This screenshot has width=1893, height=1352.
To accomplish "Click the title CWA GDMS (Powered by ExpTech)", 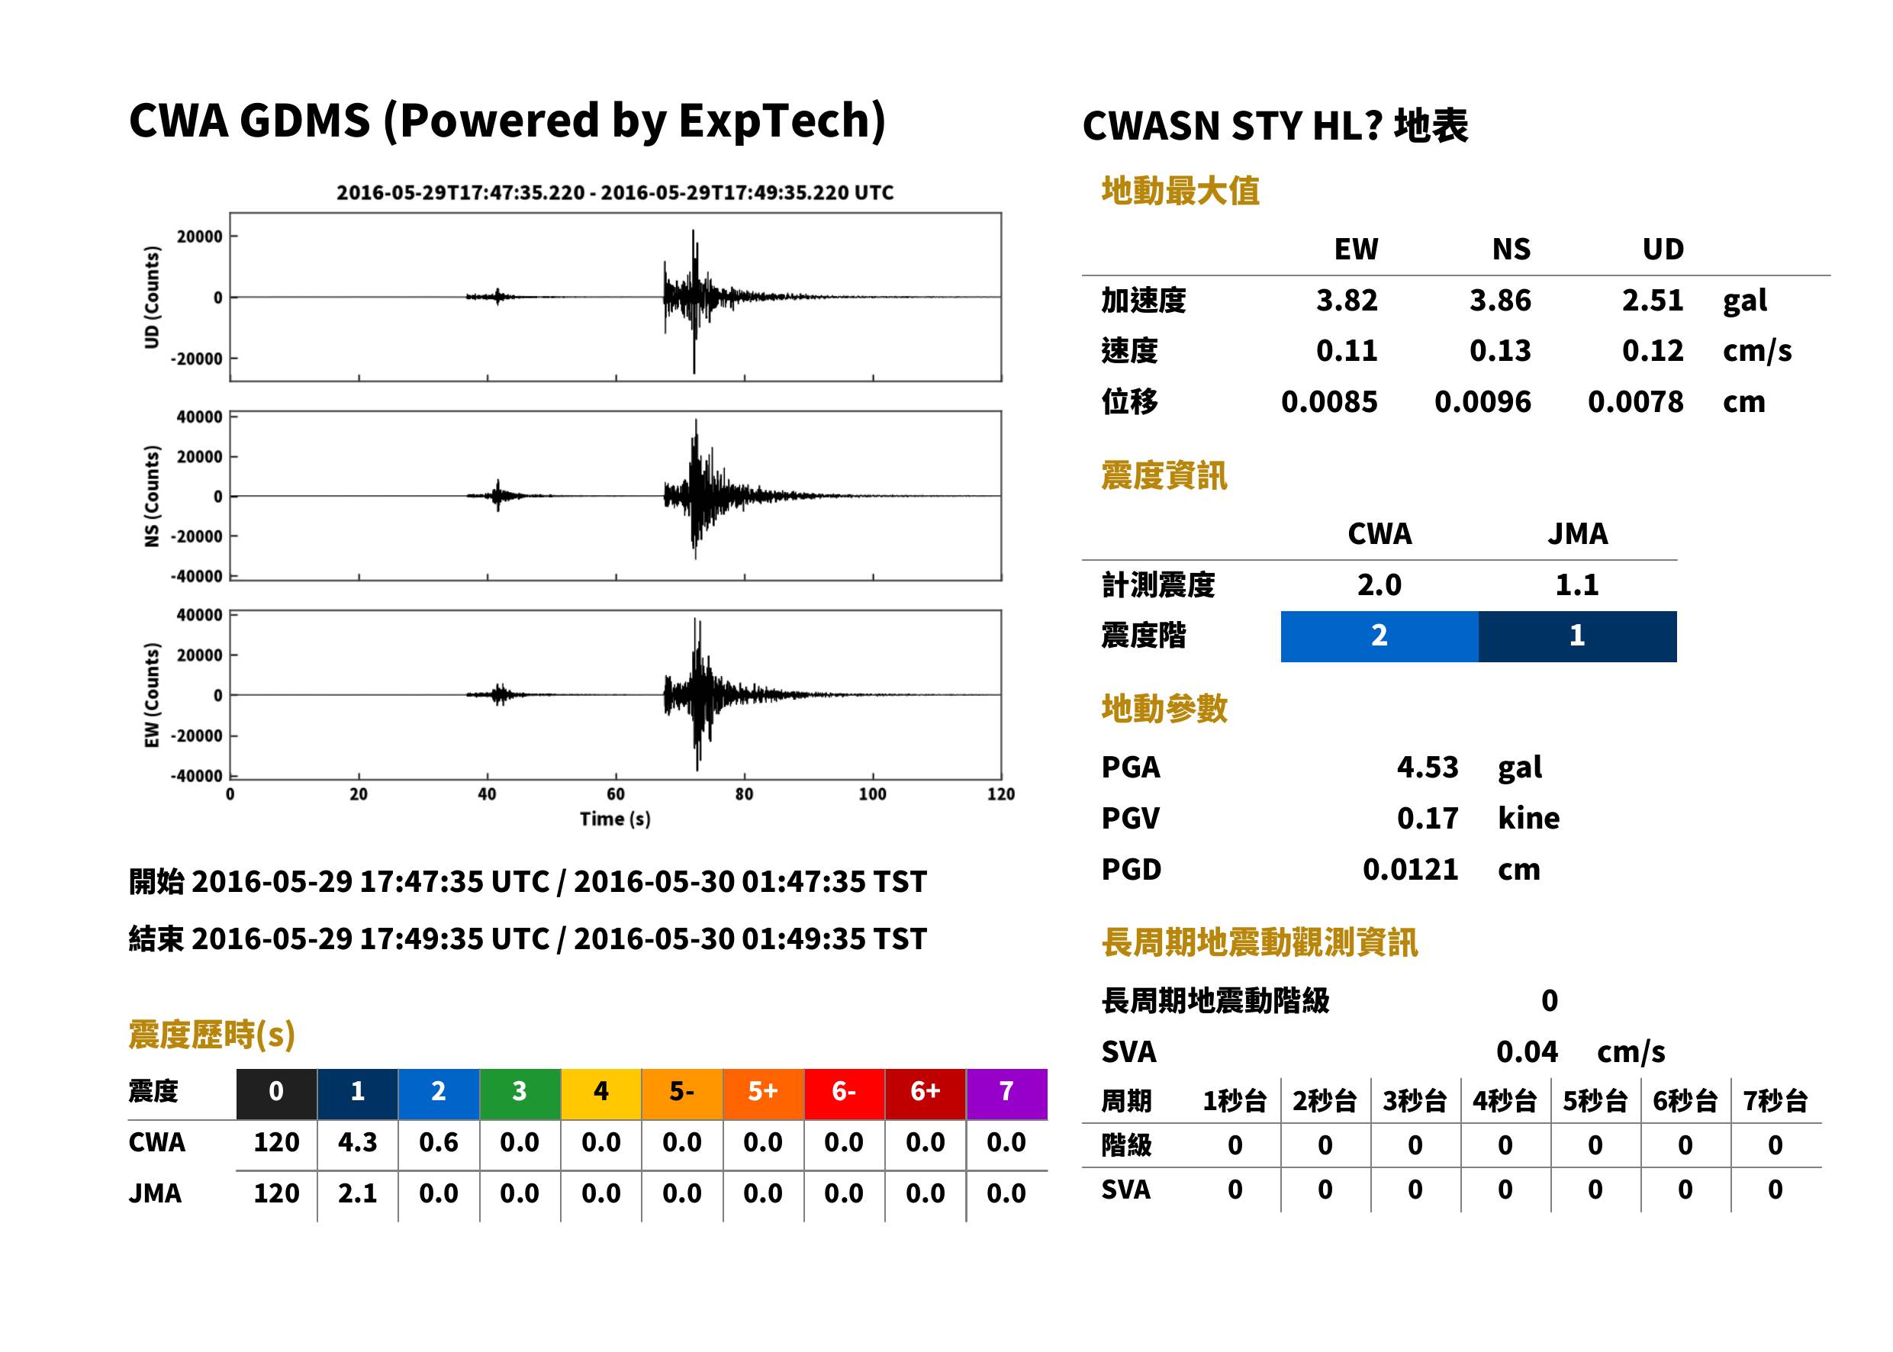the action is click(x=507, y=121).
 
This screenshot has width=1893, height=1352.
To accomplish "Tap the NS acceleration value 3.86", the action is click(x=1499, y=301).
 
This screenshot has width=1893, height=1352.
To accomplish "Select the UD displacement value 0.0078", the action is click(x=1635, y=402).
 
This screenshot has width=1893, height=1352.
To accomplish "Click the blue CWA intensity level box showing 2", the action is click(x=1379, y=636).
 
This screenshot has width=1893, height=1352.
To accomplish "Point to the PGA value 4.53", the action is click(x=1427, y=767).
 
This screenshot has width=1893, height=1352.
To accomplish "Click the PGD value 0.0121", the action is click(x=1410, y=870).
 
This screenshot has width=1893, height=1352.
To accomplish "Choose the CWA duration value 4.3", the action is click(x=357, y=1142).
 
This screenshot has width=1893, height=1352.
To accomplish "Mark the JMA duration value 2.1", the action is click(x=357, y=1194).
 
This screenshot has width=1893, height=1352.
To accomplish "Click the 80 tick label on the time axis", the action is click(x=744, y=794).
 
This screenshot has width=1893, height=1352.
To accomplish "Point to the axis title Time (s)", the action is click(x=615, y=819).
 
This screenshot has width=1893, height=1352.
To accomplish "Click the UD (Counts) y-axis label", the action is click(x=152, y=298).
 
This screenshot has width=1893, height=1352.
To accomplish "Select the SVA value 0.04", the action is click(x=1527, y=1052).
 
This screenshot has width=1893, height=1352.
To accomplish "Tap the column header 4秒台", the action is click(x=1504, y=1102).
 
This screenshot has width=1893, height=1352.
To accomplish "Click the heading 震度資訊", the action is click(x=1164, y=476).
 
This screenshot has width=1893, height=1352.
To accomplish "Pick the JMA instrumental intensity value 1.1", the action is click(x=1576, y=585).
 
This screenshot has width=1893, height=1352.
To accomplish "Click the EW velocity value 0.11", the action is click(x=1346, y=351).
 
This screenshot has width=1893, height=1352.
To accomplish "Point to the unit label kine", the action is click(x=1528, y=819).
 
